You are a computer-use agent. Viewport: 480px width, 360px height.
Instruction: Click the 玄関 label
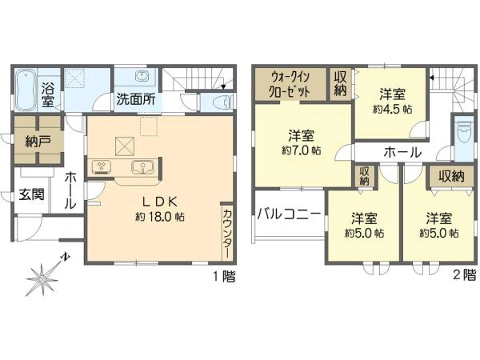point(33,194)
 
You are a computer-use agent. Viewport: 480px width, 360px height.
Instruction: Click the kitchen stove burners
point(104,168)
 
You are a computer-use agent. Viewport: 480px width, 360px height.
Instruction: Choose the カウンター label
point(226,231)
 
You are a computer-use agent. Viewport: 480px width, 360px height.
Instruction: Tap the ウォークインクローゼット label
point(290,84)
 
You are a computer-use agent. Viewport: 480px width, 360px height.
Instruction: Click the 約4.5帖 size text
point(392,101)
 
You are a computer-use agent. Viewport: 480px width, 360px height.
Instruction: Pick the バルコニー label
point(289,214)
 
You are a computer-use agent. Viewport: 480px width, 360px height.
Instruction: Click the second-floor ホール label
point(403,152)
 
